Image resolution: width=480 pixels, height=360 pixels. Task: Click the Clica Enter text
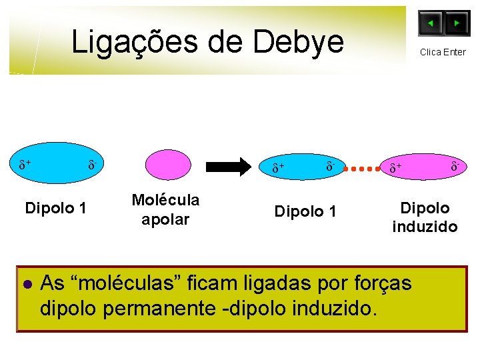coord(443,52)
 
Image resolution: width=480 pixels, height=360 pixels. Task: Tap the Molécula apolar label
coord(165,209)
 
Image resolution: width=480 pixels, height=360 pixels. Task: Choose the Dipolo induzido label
coord(425,217)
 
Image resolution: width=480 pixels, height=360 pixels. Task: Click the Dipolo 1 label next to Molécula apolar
coord(55,208)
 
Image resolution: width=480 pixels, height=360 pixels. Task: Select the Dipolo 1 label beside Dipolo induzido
coord(305,212)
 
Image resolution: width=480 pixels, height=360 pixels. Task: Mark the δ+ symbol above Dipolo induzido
coord(396,168)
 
